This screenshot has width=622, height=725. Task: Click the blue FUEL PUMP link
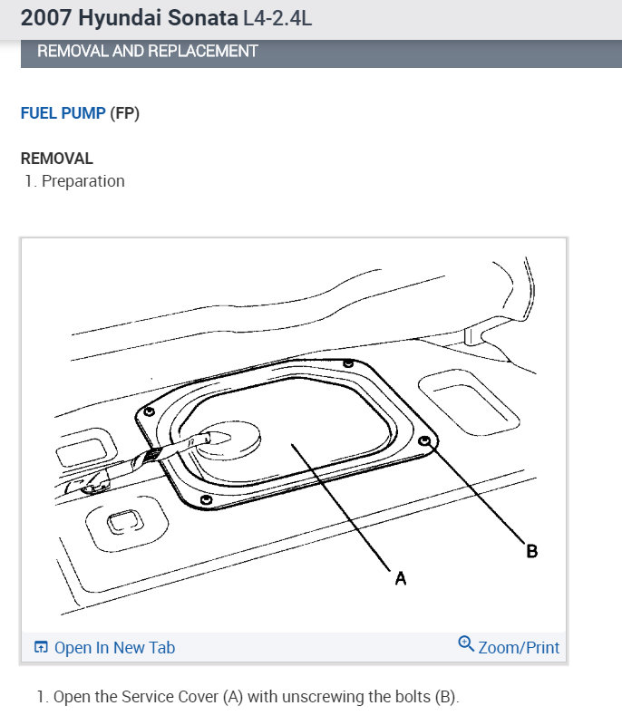(x=63, y=113)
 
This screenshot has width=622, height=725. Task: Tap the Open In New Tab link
(x=114, y=647)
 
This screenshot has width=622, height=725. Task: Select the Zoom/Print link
(x=519, y=647)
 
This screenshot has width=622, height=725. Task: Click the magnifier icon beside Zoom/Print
(x=466, y=643)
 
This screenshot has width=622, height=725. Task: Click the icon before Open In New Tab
(x=41, y=647)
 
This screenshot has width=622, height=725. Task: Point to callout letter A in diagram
(x=401, y=578)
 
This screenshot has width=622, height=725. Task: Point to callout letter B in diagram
(x=532, y=551)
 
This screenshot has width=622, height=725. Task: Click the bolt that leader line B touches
(x=425, y=440)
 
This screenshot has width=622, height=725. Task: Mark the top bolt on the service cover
(x=348, y=363)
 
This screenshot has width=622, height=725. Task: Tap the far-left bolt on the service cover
(x=149, y=411)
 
